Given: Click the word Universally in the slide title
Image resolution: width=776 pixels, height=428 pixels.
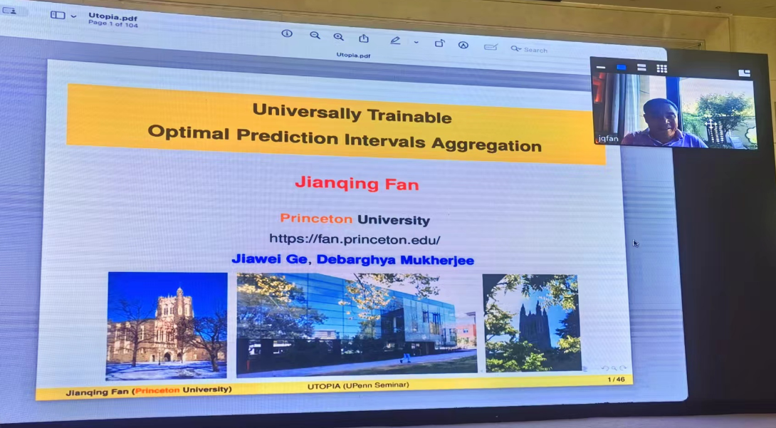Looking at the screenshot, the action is click(306, 112).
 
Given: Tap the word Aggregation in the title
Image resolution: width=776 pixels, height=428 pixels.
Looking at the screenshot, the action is click(486, 144).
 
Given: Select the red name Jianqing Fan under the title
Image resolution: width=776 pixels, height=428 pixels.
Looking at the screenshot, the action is click(357, 184).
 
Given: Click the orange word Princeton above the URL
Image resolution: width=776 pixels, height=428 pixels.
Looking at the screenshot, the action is click(316, 218).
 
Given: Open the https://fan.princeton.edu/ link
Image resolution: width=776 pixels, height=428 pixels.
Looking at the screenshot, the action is click(355, 239).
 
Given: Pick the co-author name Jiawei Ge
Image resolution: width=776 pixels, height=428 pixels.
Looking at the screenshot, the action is click(270, 259).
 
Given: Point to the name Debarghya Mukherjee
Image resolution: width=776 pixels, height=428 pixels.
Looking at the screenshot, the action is click(395, 260).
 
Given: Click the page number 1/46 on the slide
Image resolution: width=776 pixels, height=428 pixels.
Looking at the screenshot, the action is click(616, 380).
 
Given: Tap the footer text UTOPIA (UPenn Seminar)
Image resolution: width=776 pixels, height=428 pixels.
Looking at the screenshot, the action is click(358, 385).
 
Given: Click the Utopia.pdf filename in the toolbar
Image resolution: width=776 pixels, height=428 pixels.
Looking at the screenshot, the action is click(112, 17).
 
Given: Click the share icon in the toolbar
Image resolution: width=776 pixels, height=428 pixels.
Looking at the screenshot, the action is click(364, 38).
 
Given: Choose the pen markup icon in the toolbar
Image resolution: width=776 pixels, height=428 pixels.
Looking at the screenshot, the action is click(395, 41).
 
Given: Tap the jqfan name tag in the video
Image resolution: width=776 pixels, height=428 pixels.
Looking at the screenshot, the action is click(607, 139).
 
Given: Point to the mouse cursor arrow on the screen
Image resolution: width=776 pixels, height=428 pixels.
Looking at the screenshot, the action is click(636, 243).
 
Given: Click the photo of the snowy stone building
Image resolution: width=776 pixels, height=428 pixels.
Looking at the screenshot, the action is click(167, 325).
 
